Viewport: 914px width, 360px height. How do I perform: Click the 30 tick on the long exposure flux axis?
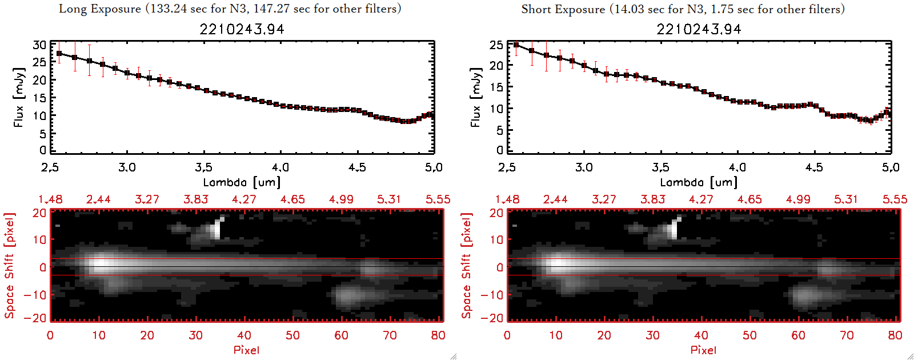[x=39, y=45]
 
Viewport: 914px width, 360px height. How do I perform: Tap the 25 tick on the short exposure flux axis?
[x=496, y=45]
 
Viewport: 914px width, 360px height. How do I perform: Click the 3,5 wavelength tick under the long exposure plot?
[x=203, y=167]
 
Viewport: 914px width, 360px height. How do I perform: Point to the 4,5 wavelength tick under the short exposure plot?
[x=814, y=167]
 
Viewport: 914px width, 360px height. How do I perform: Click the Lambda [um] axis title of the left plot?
[x=242, y=182]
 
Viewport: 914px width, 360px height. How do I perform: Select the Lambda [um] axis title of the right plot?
[x=699, y=182]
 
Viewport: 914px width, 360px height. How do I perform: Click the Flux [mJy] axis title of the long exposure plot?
[x=19, y=97]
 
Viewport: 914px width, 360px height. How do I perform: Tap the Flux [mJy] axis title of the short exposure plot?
[x=476, y=97]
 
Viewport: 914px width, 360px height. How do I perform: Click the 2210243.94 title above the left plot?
[x=242, y=29]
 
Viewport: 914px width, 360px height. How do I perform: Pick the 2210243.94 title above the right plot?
[x=699, y=29]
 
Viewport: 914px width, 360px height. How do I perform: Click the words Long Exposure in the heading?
[x=100, y=9]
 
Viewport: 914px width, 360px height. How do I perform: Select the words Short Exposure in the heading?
[x=563, y=9]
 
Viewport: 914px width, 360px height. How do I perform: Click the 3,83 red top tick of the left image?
[x=196, y=199]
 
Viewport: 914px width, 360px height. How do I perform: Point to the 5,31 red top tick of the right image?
[x=846, y=199]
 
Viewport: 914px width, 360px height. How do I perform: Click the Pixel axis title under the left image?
[x=246, y=350]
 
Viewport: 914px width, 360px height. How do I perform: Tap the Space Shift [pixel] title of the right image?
[x=467, y=266]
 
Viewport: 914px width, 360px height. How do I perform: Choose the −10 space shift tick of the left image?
[x=35, y=295]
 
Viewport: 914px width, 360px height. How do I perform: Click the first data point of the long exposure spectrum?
[x=59, y=54]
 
